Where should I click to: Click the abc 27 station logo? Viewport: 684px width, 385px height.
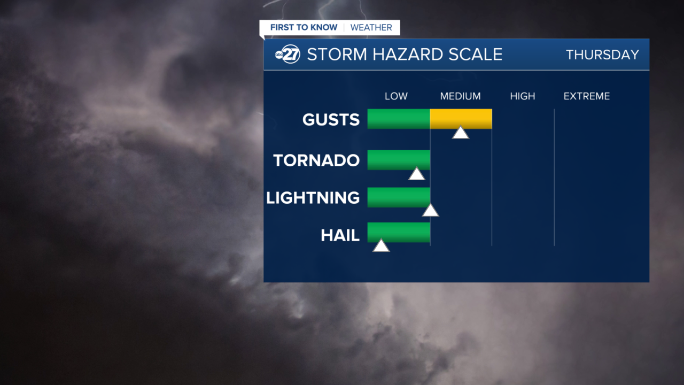point(287,55)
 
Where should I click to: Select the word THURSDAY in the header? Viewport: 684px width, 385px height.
point(602,55)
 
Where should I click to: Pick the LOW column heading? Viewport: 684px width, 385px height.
point(396,96)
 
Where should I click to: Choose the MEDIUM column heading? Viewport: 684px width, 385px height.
point(460,96)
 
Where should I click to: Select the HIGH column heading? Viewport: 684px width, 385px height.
point(522,96)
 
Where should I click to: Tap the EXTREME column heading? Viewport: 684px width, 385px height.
point(586,96)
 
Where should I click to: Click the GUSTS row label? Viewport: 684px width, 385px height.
point(331,120)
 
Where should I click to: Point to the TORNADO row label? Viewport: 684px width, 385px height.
point(316,160)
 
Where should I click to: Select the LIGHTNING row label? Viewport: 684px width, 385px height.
point(313,198)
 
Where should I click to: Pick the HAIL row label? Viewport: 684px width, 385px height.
point(340,235)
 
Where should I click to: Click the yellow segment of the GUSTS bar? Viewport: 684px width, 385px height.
point(461,119)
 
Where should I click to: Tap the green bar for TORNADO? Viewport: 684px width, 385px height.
point(398,159)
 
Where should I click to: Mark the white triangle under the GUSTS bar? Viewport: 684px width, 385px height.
point(460,133)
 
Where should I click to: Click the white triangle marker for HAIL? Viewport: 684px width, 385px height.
point(380,246)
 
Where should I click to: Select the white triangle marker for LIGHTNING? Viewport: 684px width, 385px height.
point(430,211)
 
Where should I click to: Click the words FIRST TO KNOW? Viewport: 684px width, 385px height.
point(304,28)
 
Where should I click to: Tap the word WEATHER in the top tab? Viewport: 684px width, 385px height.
point(371,28)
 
